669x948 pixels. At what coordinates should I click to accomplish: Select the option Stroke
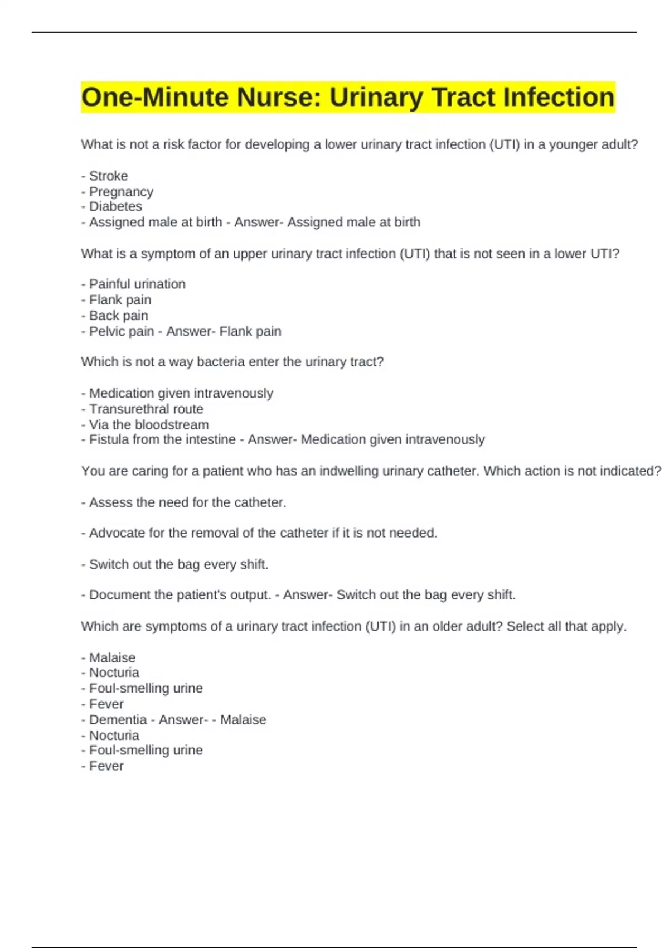click(108, 176)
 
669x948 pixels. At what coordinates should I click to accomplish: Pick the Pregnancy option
click(121, 192)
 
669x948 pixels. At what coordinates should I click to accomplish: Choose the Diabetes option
click(115, 207)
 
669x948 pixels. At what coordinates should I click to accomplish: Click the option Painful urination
click(137, 284)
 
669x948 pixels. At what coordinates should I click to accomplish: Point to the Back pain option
click(118, 316)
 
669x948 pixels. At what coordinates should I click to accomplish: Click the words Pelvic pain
click(121, 332)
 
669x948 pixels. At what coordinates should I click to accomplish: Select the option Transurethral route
click(146, 409)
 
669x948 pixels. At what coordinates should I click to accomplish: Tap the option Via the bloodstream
click(149, 425)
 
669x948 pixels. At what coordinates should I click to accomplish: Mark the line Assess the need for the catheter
click(187, 503)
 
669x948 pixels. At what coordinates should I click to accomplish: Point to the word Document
click(119, 595)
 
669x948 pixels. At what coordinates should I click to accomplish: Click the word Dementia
click(118, 720)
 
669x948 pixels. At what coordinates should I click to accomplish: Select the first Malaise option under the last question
click(112, 658)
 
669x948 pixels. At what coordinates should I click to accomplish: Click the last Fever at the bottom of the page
click(106, 766)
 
